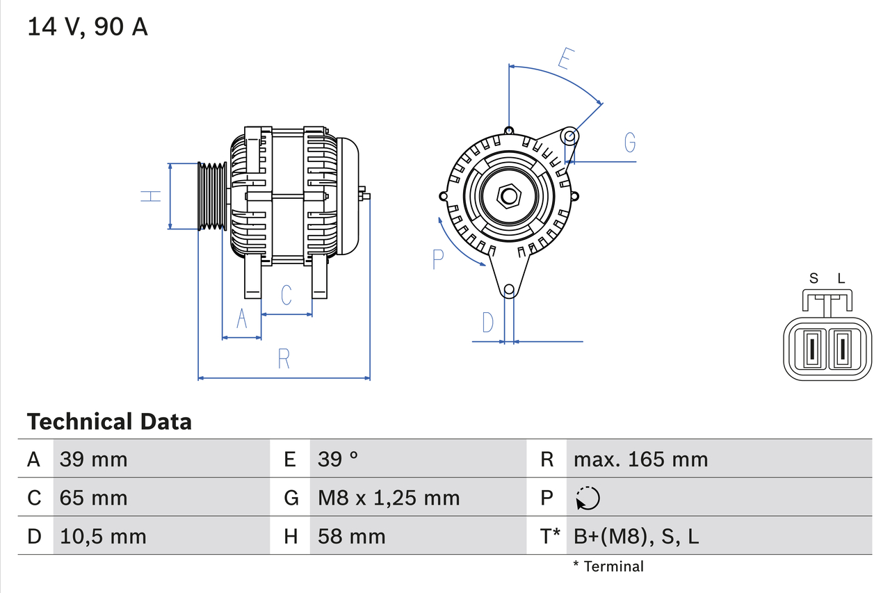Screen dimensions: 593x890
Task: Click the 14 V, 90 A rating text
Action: pos(88,27)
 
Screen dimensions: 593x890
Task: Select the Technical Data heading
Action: pos(109,422)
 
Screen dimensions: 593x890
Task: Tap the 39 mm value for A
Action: pos(93,460)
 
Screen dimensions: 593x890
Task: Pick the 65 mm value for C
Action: pos(93,498)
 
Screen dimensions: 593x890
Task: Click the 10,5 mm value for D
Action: pos(103,536)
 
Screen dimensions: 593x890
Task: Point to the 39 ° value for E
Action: pos(338,460)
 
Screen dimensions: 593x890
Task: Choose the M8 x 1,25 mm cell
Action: pos(389,498)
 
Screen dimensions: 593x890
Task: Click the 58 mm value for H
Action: pos(351,536)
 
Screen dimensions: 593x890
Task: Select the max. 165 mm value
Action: pos(640,460)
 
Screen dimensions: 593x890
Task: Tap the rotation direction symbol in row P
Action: pos(588,498)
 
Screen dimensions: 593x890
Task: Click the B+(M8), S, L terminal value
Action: pos(636,536)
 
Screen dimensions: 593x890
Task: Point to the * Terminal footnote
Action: pos(608,567)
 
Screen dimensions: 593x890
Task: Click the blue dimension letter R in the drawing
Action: pos(283,359)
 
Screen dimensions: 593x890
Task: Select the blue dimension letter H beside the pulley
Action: pos(151,196)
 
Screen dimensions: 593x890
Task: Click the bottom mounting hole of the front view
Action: pos(509,289)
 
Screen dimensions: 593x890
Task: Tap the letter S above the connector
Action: pos(814,279)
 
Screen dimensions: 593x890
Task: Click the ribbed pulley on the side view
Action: pos(213,196)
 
